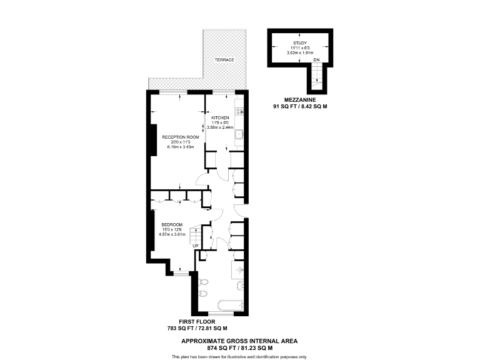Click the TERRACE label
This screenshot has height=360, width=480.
tap(224, 60)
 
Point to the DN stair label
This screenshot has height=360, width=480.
tap(316, 60)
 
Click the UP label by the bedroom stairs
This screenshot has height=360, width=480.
tap(195, 246)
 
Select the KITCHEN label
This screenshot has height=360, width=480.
tap(219, 118)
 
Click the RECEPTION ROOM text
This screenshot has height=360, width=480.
tap(180, 137)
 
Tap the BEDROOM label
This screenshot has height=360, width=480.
tap(172, 224)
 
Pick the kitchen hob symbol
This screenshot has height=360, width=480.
tap(239, 103)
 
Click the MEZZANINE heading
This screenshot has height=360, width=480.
tap(297, 100)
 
